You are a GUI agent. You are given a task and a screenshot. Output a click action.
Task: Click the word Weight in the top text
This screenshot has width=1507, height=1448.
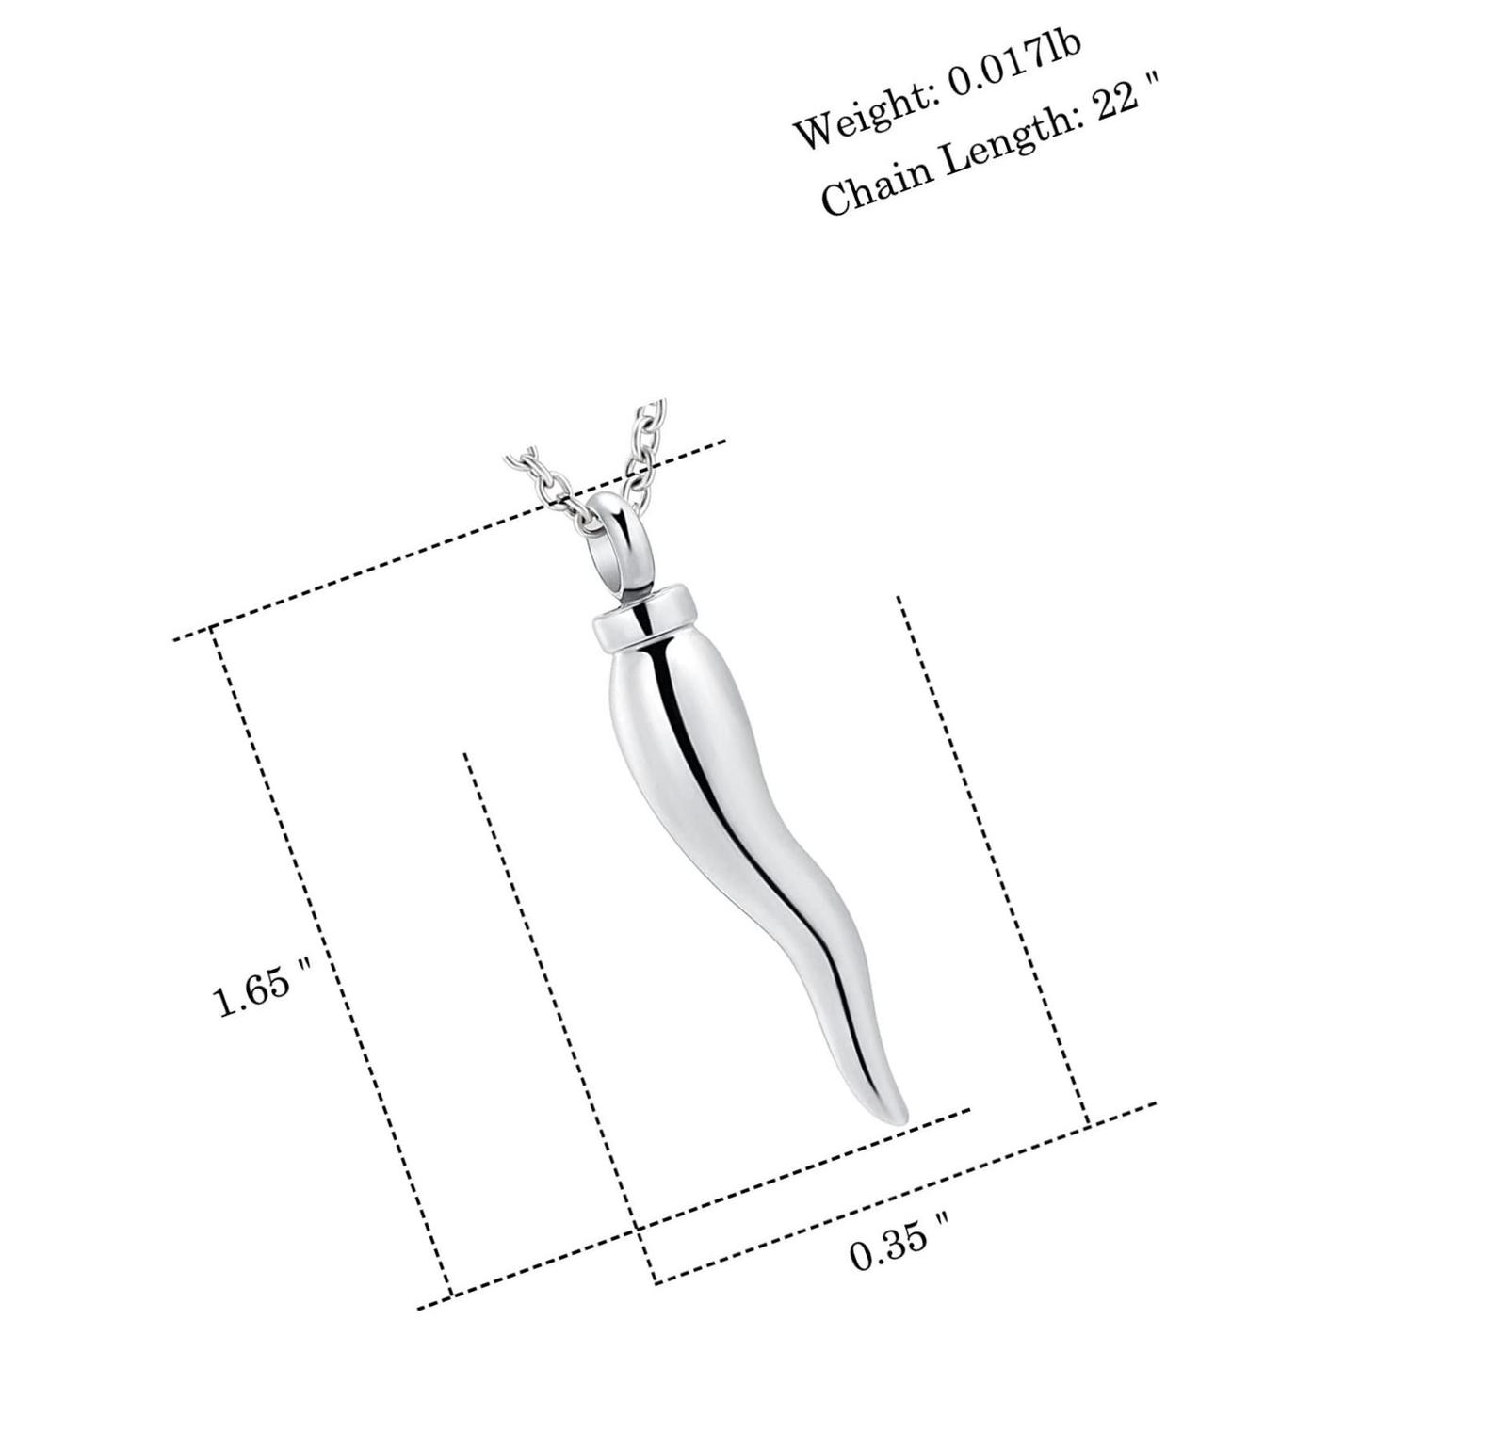[863, 112]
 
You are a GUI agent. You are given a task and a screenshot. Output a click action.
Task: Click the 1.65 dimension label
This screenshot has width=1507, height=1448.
[251, 994]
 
